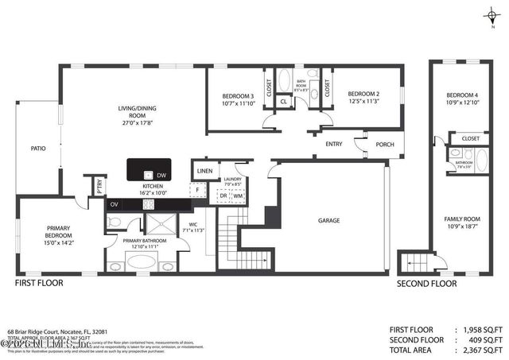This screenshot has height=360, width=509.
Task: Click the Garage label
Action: (x=329, y=220)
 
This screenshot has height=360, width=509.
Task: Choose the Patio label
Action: (x=37, y=148)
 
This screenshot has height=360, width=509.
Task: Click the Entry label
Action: (x=334, y=144)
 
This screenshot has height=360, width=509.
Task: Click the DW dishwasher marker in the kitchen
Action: (x=161, y=175)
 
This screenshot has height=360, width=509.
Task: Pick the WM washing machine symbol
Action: (x=237, y=195)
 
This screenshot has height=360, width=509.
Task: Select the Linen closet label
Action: (x=204, y=171)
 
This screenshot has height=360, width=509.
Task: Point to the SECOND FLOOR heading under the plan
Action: (x=427, y=283)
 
